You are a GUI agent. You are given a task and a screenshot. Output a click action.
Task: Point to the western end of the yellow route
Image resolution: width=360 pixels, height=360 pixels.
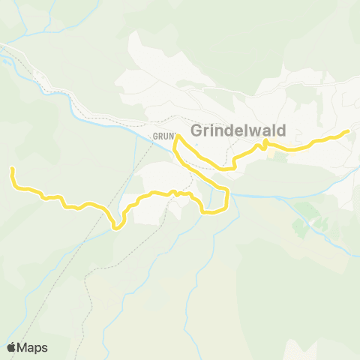(12, 169)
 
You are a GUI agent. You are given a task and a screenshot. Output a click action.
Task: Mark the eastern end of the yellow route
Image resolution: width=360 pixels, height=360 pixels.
(348, 131)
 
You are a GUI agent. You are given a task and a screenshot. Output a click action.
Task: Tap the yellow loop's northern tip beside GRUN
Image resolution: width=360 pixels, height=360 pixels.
(176, 136)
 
